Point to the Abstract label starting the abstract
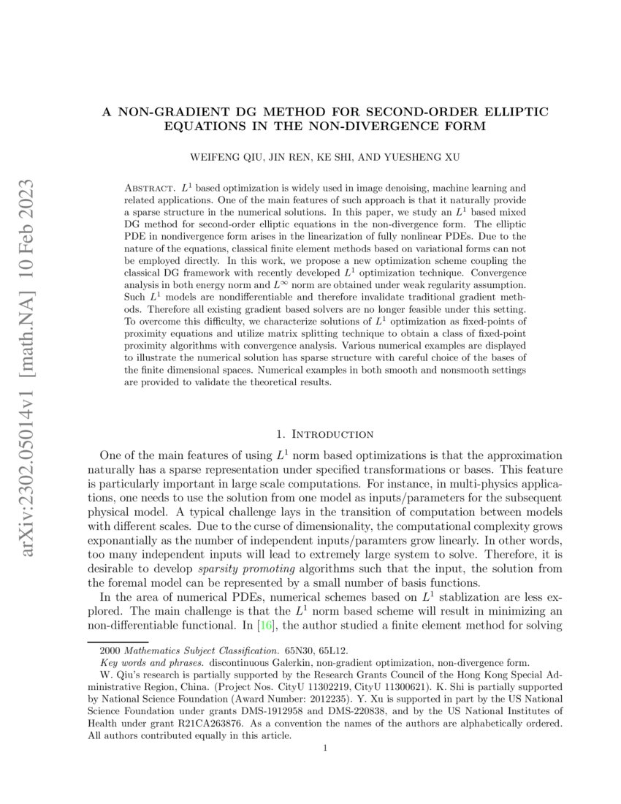coord(149,189)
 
